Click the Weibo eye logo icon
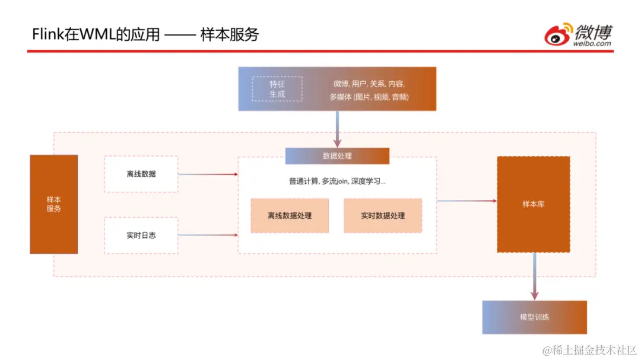click(559, 34)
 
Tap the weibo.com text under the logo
click(592, 43)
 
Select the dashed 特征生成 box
click(277, 89)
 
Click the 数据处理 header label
click(337, 156)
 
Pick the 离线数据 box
click(141, 174)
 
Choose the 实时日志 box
click(141, 235)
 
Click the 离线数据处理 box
click(290, 216)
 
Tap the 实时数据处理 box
click(383, 216)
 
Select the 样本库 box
click(534, 204)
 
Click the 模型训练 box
click(534, 317)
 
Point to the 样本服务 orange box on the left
click(53, 204)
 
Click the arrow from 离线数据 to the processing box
click(208, 174)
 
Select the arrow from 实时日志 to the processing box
click(208, 235)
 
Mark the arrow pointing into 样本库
click(467, 201)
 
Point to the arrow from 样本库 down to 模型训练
click(534, 276)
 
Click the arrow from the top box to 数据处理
click(337, 129)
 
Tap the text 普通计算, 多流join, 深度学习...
click(337, 181)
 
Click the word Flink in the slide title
click(47, 34)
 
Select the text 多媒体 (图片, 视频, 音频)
click(369, 97)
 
